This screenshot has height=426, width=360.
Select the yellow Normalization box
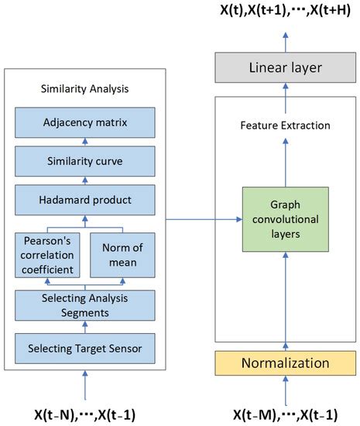[286, 362]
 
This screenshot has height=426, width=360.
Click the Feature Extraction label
[286, 125]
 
